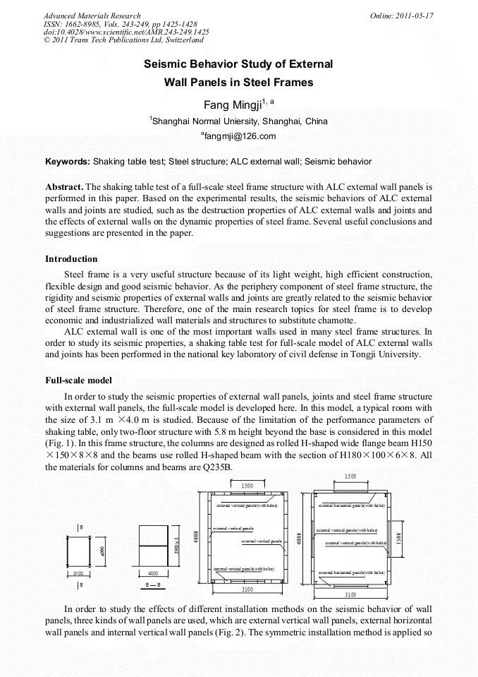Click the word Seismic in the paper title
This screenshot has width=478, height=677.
[x=166, y=64]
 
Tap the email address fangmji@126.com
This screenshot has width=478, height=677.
[x=239, y=136]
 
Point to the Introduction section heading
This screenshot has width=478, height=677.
[x=71, y=259]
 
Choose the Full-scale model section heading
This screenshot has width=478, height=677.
[x=78, y=381]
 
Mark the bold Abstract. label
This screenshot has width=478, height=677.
[x=64, y=187]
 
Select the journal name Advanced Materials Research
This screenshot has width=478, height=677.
[x=92, y=16]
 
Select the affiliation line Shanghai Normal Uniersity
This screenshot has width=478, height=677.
[x=239, y=121]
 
